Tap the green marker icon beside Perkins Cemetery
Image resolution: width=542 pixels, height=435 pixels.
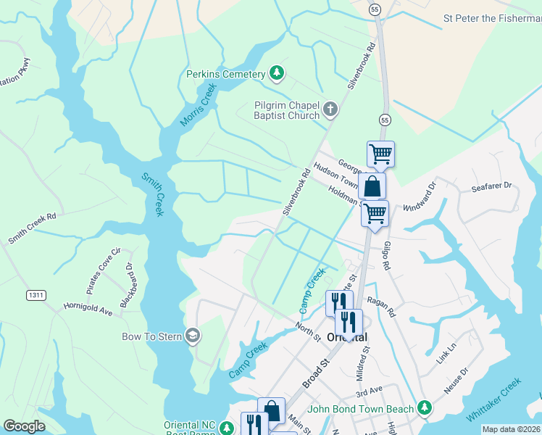pos(276,72)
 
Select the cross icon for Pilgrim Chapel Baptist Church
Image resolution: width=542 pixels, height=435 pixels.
pos(330,109)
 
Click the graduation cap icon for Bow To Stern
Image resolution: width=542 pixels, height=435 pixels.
pos(193,335)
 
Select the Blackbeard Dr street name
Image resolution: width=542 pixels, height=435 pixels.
pos(128,284)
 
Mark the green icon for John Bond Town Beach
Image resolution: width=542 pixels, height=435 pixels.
pos(425,409)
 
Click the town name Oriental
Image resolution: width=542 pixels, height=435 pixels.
pos(347,338)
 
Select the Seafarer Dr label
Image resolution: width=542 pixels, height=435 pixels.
pos(491,186)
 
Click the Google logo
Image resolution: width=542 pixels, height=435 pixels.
pos(25,426)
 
